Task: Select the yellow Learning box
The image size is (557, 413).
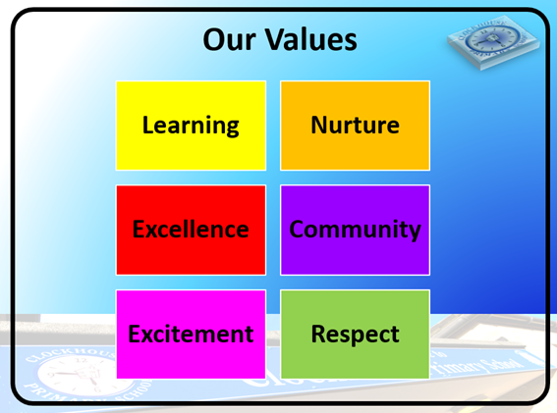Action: pos(191,126)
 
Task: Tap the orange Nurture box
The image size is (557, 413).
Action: pos(355,126)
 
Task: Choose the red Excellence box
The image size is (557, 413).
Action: pos(191,230)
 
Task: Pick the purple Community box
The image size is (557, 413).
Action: pos(355,230)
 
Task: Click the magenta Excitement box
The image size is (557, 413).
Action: pos(191,334)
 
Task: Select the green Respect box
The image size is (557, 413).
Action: pos(355,334)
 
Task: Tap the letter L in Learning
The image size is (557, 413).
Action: pos(147,126)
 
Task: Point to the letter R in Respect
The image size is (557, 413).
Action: pos(318,334)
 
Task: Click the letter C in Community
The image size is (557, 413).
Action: pos(297,230)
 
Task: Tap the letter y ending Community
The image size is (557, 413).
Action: pos(415,232)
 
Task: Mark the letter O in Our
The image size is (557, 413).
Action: pos(213,41)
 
